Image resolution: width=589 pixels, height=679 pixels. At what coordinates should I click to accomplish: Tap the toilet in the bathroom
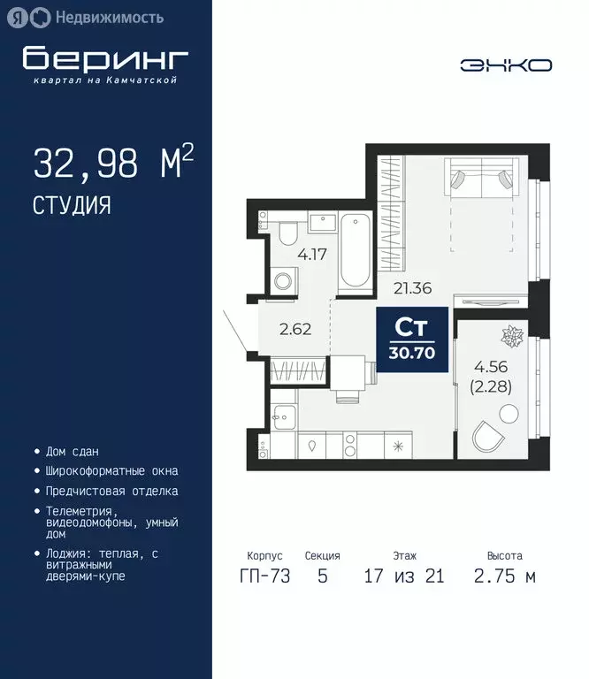[287, 234]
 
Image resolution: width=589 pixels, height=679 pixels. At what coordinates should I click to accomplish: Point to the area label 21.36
[410, 286]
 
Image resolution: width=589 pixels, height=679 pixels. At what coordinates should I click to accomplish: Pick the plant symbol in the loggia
[511, 336]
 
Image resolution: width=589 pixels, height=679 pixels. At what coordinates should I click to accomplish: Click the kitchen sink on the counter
[312, 446]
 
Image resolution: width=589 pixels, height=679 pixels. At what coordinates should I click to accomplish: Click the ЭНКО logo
[506, 65]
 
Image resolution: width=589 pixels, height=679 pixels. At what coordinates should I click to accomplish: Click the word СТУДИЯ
[72, 205]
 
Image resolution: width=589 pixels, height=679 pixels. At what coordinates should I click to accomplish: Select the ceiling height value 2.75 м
[505, 576]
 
